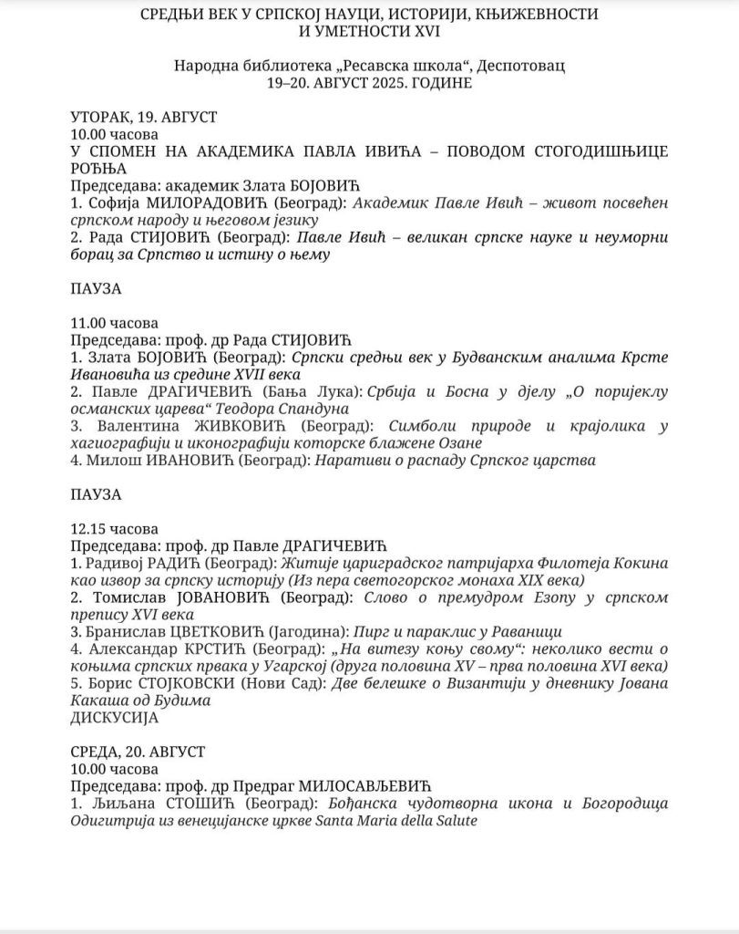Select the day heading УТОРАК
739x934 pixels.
tap(99, 119)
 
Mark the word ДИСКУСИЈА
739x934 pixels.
tap(114, 718)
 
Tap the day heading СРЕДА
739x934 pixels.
tap(95, 752)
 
